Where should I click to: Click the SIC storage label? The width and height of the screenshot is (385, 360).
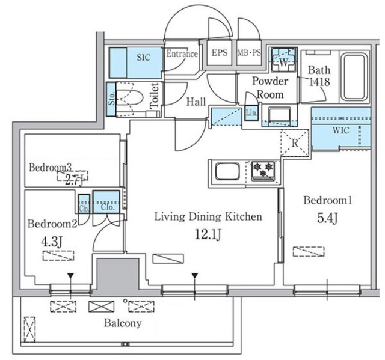(x=143, y=58)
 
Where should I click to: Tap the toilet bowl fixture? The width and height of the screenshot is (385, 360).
(x=129, y=99)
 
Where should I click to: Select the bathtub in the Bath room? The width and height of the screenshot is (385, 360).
(x=354, y=77)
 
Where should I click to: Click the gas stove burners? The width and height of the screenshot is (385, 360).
(x=263, y=170)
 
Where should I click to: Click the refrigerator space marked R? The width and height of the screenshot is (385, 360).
(x=295, y=142)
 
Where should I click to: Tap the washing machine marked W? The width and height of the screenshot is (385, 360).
(x=283, y=59)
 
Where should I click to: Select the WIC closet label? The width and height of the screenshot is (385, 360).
(x=341, y=130)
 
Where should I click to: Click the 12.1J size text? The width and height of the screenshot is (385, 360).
(x=208, y=234)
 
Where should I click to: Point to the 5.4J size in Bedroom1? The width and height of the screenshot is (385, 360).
(x=327, y=218)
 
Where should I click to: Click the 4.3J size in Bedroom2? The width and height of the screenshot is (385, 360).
(x=51, y=243)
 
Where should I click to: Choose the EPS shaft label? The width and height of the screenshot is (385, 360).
(x=220, y=53)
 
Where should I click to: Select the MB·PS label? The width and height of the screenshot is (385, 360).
(x=249, y=53)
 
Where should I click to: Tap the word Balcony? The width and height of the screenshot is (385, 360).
(x=123, y=323)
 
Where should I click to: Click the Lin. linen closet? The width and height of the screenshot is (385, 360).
(x=251, y=113)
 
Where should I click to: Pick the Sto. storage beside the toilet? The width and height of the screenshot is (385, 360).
(x=111, y=99)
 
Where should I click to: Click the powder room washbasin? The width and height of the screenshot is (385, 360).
(x=279, y=115)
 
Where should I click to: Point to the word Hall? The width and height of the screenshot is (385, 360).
(x=196, y=102)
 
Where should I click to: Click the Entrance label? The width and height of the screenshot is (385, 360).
(x=182, y=53)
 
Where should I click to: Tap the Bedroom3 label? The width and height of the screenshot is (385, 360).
(x=51, y=168)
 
